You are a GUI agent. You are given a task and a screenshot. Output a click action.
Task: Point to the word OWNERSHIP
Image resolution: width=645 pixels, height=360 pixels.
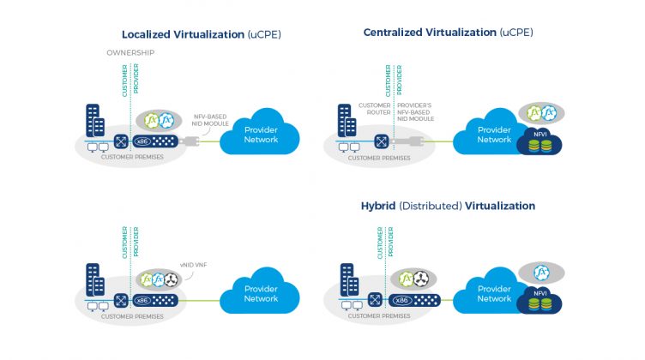[x=130, y=52]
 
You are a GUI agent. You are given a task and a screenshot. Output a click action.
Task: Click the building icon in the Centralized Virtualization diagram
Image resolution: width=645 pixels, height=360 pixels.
[x=346, y=119]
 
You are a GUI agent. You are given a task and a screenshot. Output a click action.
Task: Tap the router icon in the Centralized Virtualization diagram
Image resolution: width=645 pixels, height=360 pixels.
[x=375, y=141]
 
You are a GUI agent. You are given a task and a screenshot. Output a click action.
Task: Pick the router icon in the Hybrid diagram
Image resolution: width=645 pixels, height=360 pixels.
[x=374, y=299]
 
